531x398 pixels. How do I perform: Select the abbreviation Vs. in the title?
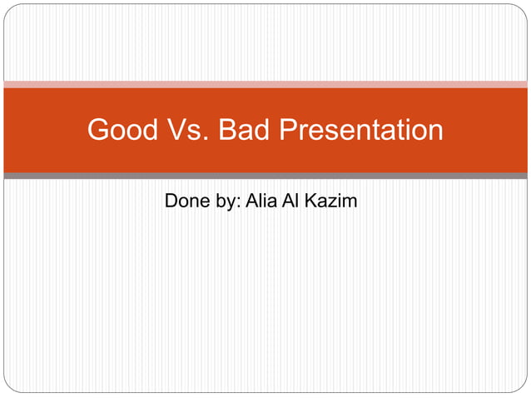click(189, 130)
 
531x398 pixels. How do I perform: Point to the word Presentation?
click(361, 131)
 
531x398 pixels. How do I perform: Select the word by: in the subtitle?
click(226, 201)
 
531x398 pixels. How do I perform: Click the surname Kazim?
click(334, 201)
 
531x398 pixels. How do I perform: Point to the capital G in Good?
click(98, 130)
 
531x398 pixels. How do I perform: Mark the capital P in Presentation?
click(289, 130)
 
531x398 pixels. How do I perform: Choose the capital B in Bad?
click(227, 130)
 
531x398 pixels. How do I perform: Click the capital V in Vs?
click(178, 130)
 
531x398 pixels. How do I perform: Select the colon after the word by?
click(238, 203)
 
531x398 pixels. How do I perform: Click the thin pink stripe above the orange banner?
click(265, 84)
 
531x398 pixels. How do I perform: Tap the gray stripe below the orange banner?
click(265, 176)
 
